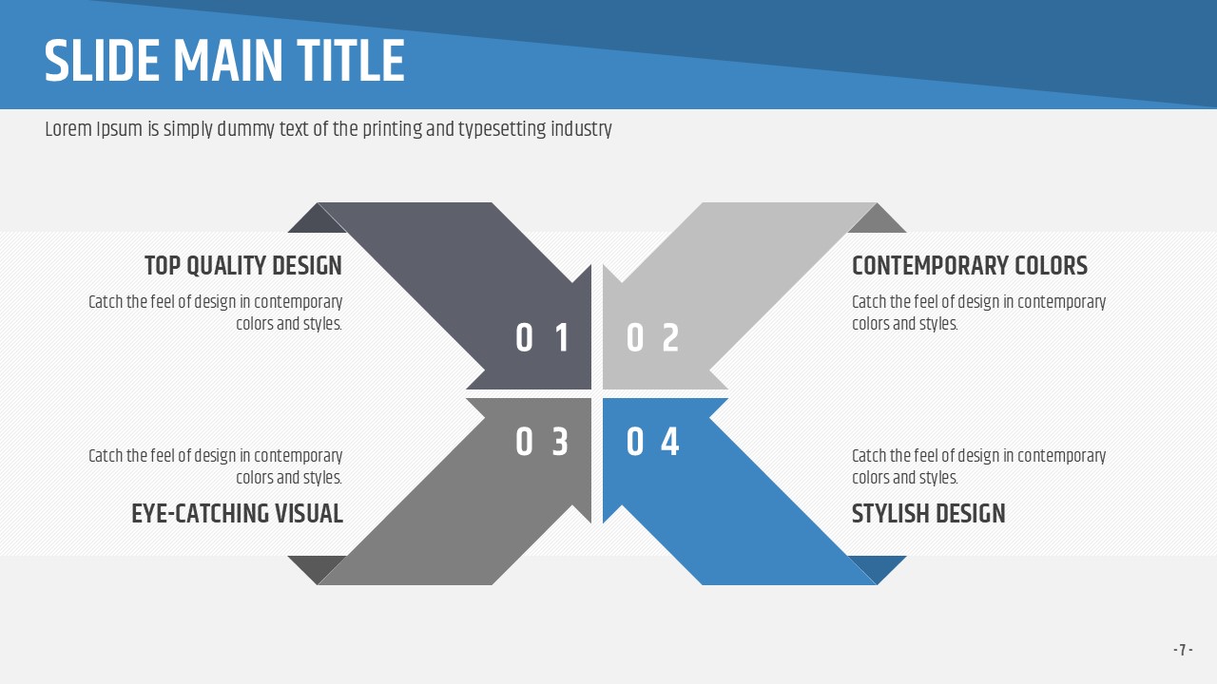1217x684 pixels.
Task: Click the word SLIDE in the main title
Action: [x=102, y=61]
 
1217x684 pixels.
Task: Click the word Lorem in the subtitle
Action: [x=68, y=129]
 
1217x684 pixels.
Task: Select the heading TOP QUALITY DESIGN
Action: [x=243, y=266]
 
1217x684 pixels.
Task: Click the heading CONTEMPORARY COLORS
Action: [x=970, y=266]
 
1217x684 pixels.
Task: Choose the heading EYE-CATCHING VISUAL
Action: [x=237, y=514]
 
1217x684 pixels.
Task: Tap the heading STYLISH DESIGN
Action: [x=929, y=514]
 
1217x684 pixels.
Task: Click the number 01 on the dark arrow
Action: [x=542, y=337]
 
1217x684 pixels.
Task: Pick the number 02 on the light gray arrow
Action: [x=652, y=337]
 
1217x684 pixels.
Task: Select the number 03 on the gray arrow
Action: [x=542, y=441]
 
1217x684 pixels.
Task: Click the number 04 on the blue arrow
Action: [x=652, y=441]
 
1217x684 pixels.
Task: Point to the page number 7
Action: [x=1183, y=650]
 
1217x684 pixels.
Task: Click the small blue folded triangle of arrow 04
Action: [x=878, y=565]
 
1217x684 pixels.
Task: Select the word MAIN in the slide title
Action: [x=228, y=61]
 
